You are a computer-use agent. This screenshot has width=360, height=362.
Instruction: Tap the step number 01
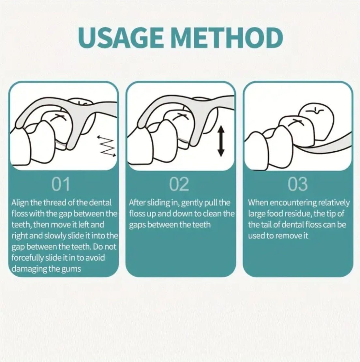click(61, 184)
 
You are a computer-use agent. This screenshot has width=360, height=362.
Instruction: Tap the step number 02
click(179, 184)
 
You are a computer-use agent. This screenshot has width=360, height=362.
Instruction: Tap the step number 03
click(298, 184)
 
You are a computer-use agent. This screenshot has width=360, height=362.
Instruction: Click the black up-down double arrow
click(221, 141)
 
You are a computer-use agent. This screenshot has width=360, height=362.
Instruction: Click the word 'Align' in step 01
click(20, 203)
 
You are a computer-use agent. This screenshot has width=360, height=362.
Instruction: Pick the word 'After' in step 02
click(137, 203)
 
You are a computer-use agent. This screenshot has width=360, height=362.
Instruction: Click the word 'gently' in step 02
click(191, 203)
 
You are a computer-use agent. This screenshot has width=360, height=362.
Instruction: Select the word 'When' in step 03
click(258, 203)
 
